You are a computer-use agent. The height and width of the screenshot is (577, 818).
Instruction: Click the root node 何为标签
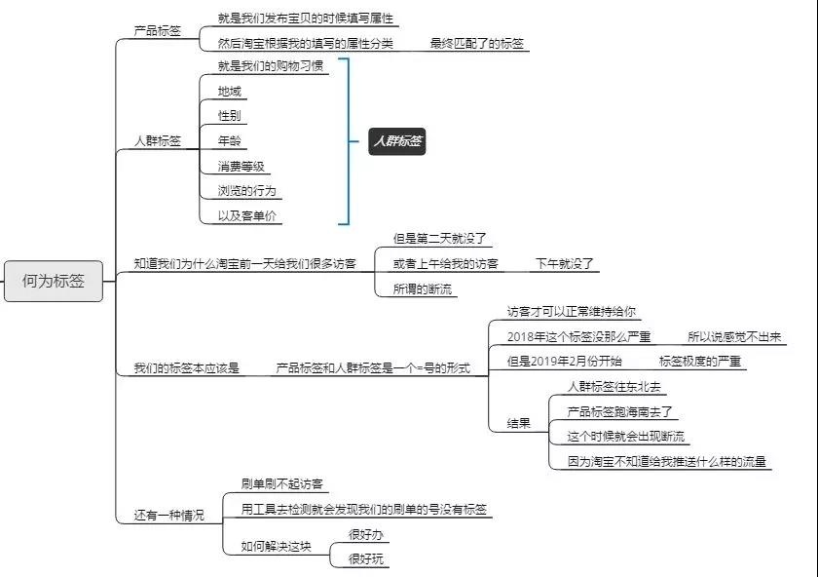coord(54,281)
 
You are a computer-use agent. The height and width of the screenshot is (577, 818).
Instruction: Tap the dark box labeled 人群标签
coord(397,141)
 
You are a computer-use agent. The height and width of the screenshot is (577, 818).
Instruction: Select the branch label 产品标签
coord(158,31)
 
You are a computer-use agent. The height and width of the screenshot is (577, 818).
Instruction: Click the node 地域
coord(230,92)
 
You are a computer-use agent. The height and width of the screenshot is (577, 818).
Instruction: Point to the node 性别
coord(230,115)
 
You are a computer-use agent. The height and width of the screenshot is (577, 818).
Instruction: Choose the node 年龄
coord(230,140)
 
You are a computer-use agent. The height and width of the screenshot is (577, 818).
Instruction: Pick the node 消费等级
coord(242,166)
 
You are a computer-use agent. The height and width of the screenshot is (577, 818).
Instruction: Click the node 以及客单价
coord(247,215)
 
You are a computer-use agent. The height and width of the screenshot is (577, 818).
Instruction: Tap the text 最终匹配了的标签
coord(477,43)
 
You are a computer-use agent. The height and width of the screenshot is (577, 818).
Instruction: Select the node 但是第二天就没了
coord(440,239)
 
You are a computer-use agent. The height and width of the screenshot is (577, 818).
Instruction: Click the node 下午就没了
coord(565,264)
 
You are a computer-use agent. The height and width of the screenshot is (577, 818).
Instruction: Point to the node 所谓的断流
coord(423,288)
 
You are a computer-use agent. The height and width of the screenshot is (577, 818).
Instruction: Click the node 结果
coord(518,423)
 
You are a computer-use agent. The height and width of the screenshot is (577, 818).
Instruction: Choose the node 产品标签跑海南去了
coord(620,411)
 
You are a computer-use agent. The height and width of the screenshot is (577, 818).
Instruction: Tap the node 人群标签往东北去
coord(614,386)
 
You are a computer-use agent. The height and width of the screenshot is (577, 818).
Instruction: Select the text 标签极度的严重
coord(700,361)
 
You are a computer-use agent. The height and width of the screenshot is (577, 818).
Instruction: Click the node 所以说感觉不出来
coord(734,337)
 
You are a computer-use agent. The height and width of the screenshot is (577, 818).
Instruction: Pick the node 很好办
coord(366,534)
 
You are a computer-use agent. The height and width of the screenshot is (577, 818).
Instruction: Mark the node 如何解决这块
coord(276,546)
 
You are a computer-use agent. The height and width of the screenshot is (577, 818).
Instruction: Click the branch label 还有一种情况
coord(169,515)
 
